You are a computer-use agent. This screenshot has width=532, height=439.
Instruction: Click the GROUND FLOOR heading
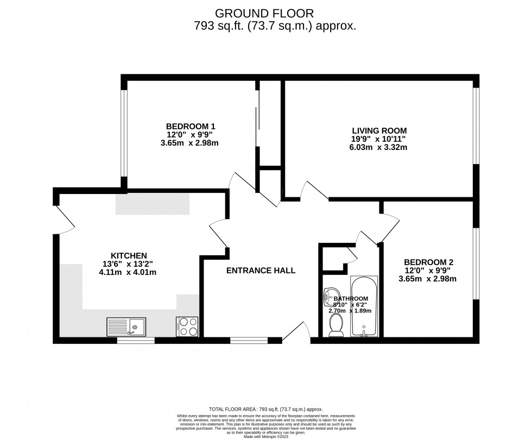click(x=264, y=12)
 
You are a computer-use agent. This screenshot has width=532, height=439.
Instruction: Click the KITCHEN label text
click(x=129, y=255)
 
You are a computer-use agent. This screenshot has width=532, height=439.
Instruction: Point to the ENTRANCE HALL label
click(x=261, y=270)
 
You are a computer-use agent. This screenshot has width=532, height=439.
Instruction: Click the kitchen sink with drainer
click(x=125, y=327)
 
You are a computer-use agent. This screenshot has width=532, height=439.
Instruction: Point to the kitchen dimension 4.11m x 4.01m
click(x=128, y=272)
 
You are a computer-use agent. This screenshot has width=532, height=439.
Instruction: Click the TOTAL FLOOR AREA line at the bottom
click(x=265, y=409)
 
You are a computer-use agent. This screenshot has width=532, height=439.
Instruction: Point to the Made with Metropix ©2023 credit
click(x=265, y=436)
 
